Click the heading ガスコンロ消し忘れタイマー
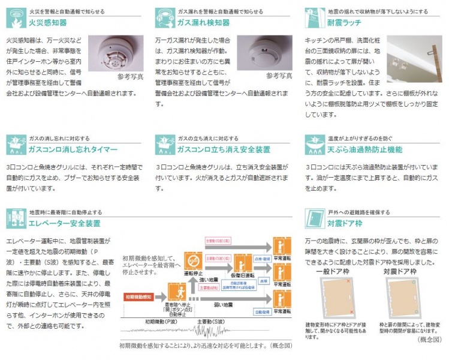pos(73,148)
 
